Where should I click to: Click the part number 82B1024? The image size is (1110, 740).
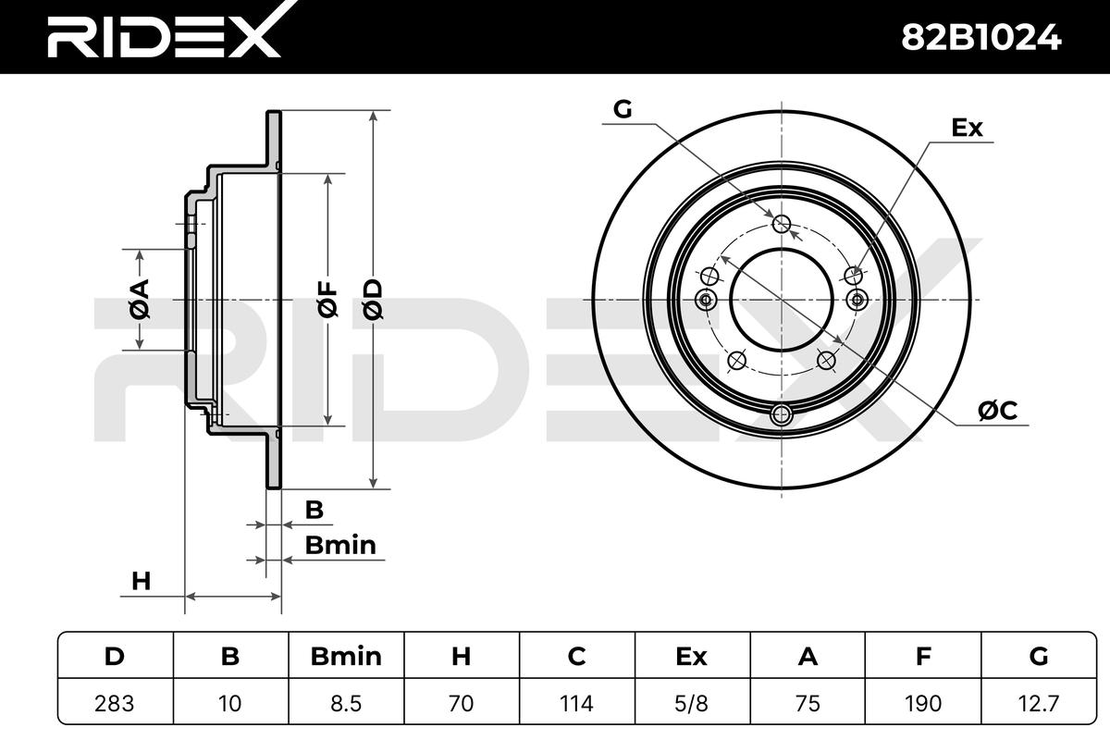980,38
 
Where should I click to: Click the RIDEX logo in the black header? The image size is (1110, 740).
171,30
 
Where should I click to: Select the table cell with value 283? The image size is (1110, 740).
115,703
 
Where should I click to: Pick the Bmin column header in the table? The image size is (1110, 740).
346,656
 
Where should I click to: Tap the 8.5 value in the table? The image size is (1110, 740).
346,703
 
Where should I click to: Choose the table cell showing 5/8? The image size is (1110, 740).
692,703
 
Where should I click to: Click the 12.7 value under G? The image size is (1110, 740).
1039,703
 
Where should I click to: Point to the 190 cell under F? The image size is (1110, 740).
923,703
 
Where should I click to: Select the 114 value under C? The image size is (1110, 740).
577,703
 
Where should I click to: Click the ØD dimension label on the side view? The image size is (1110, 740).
373,299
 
